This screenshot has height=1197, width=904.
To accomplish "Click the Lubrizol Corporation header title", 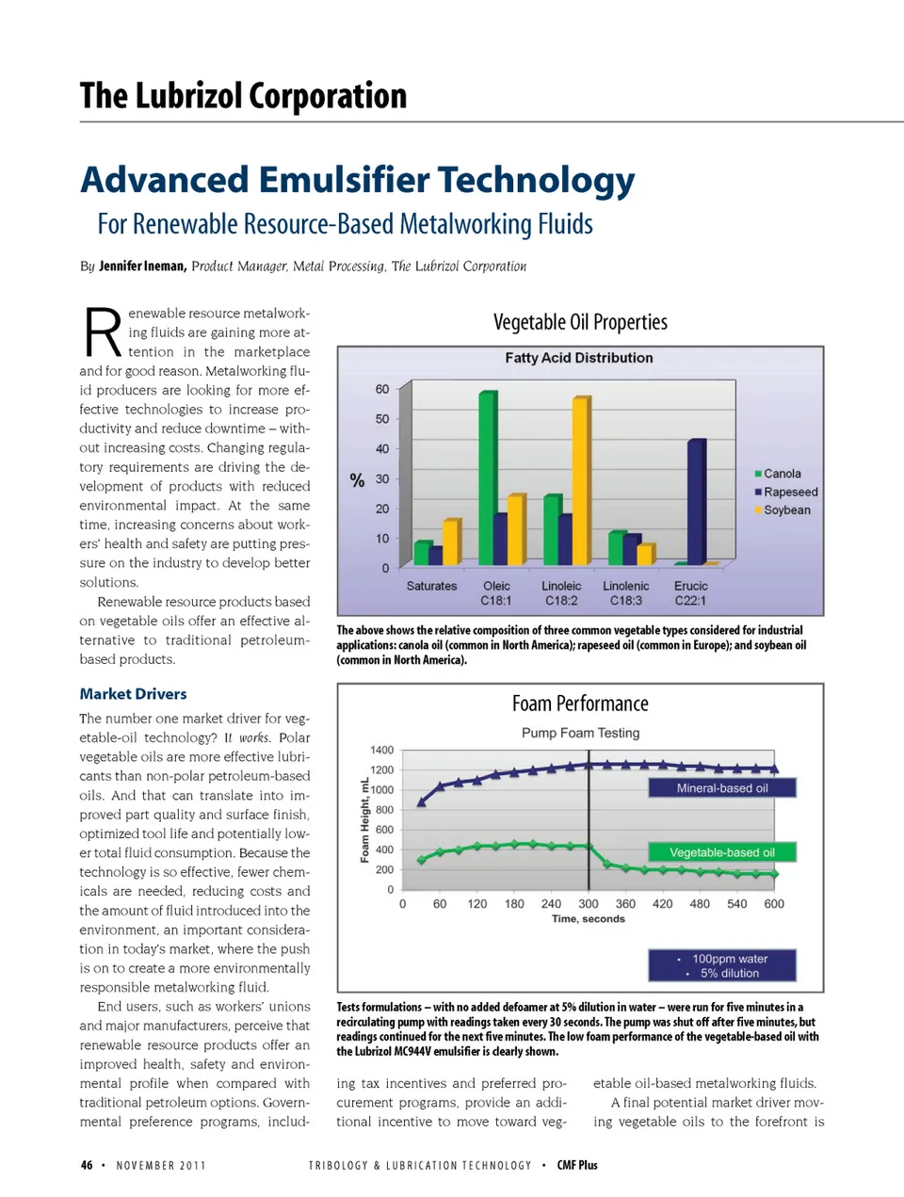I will (x=243, y=96).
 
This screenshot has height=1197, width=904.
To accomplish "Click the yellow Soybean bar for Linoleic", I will (x=580, y=481).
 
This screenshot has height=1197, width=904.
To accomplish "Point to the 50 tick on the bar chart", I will (x=381, y=418).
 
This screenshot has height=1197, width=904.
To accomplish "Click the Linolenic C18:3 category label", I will (x=626, y=592).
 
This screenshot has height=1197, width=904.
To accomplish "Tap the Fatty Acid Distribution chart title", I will (x=578, y=358).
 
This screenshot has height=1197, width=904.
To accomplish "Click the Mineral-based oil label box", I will (x=721, y=788).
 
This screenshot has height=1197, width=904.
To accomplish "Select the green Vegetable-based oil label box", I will (x=721, y=852).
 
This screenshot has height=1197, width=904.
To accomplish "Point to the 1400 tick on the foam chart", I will (x=381, y=750).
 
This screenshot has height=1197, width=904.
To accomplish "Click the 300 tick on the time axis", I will (x=589, y=903).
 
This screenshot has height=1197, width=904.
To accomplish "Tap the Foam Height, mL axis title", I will (x=364, y=819).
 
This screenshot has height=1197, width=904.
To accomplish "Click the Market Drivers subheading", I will (x=133, y=693).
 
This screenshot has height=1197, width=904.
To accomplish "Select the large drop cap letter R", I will (x=102, y=332).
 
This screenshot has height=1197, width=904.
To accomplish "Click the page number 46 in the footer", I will (x=87, y=1165).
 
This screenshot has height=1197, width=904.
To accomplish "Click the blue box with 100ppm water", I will (x=721, y=965).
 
